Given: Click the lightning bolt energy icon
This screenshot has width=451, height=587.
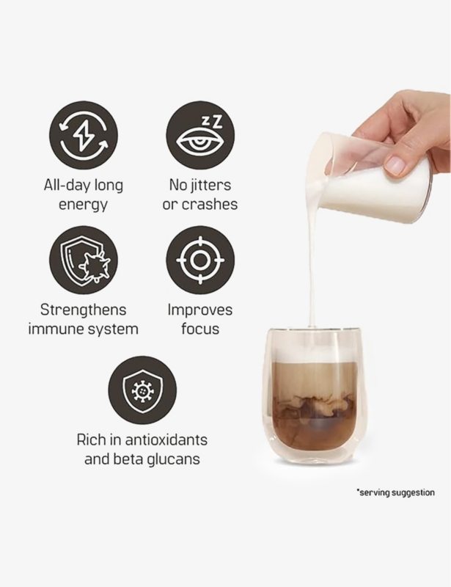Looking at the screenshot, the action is tap(84, 135).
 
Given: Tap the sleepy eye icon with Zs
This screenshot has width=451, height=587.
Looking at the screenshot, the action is tap(200, 135).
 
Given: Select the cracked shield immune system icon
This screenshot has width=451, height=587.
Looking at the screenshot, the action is tap(84, 260).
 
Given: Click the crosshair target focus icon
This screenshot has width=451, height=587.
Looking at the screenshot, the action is tap(200, 260).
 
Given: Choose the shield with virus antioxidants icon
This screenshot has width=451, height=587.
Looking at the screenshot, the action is tap(142, 390).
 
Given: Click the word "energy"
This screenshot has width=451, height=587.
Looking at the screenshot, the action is tap(83, 205).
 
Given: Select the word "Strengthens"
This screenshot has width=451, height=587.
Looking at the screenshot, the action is tap(84, 310).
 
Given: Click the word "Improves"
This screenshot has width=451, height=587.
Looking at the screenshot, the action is tap(200, 310).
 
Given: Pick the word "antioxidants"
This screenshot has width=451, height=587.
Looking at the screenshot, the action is tap(166, 440).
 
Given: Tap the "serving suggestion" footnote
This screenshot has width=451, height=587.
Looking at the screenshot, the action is tap(396, 492).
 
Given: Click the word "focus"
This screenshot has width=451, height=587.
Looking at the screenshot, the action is tap(200, 329).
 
